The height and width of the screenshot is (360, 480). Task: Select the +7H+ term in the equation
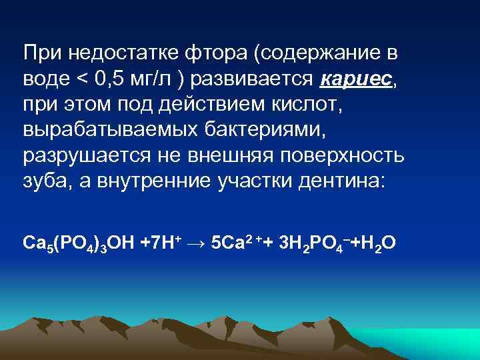coord(159,241)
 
